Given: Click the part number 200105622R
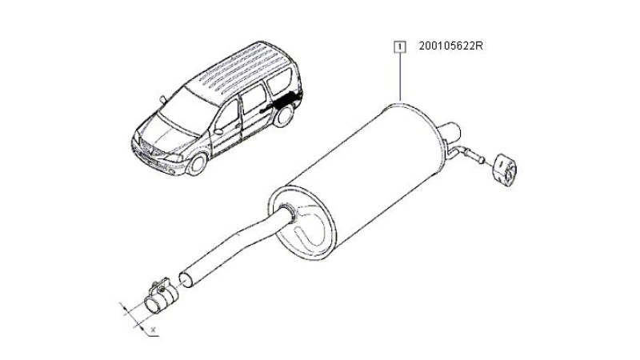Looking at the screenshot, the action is coord(450,46).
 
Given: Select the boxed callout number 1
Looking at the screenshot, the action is coord(400,46).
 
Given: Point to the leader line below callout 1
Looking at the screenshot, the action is coord(401,77).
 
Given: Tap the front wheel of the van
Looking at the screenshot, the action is coord(198,164).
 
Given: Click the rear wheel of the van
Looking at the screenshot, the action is coord(284,116).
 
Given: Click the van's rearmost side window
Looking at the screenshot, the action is coord(279,82).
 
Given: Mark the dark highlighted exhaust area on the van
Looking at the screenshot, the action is coord(282,102).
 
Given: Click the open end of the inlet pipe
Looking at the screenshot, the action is coord(186,280).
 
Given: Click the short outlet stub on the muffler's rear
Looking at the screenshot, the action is coord(450,131).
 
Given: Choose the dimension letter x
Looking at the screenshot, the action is coord(153,329).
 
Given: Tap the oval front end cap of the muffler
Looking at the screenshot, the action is coord(302,223).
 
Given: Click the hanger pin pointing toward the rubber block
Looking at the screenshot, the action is coord(474,155).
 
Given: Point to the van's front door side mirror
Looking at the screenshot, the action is coord(218,131).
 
